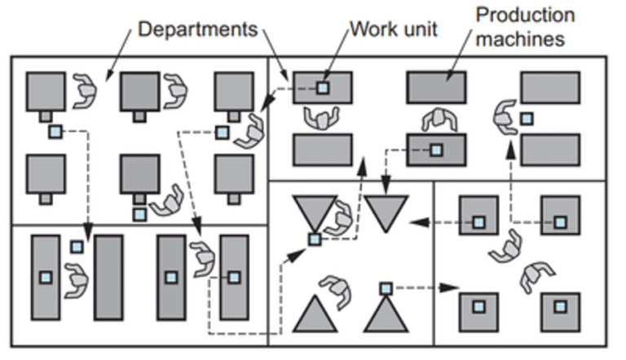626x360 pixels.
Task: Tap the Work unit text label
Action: point(394,29)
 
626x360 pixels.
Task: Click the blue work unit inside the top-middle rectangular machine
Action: point(323,87)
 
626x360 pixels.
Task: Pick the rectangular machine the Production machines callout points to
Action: point(436,87)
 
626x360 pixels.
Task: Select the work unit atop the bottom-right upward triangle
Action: point(386,288)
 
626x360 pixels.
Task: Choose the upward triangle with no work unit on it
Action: point(315,314)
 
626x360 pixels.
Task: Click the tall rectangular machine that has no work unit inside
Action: point(108,277)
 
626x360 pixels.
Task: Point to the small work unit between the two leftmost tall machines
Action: point(77,246)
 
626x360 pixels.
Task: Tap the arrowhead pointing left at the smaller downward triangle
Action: point(414,221)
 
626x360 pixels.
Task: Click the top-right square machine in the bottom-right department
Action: point(560,216)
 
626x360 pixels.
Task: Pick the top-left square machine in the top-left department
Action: point(45,91)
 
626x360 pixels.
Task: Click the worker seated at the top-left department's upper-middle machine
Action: point(174,90)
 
